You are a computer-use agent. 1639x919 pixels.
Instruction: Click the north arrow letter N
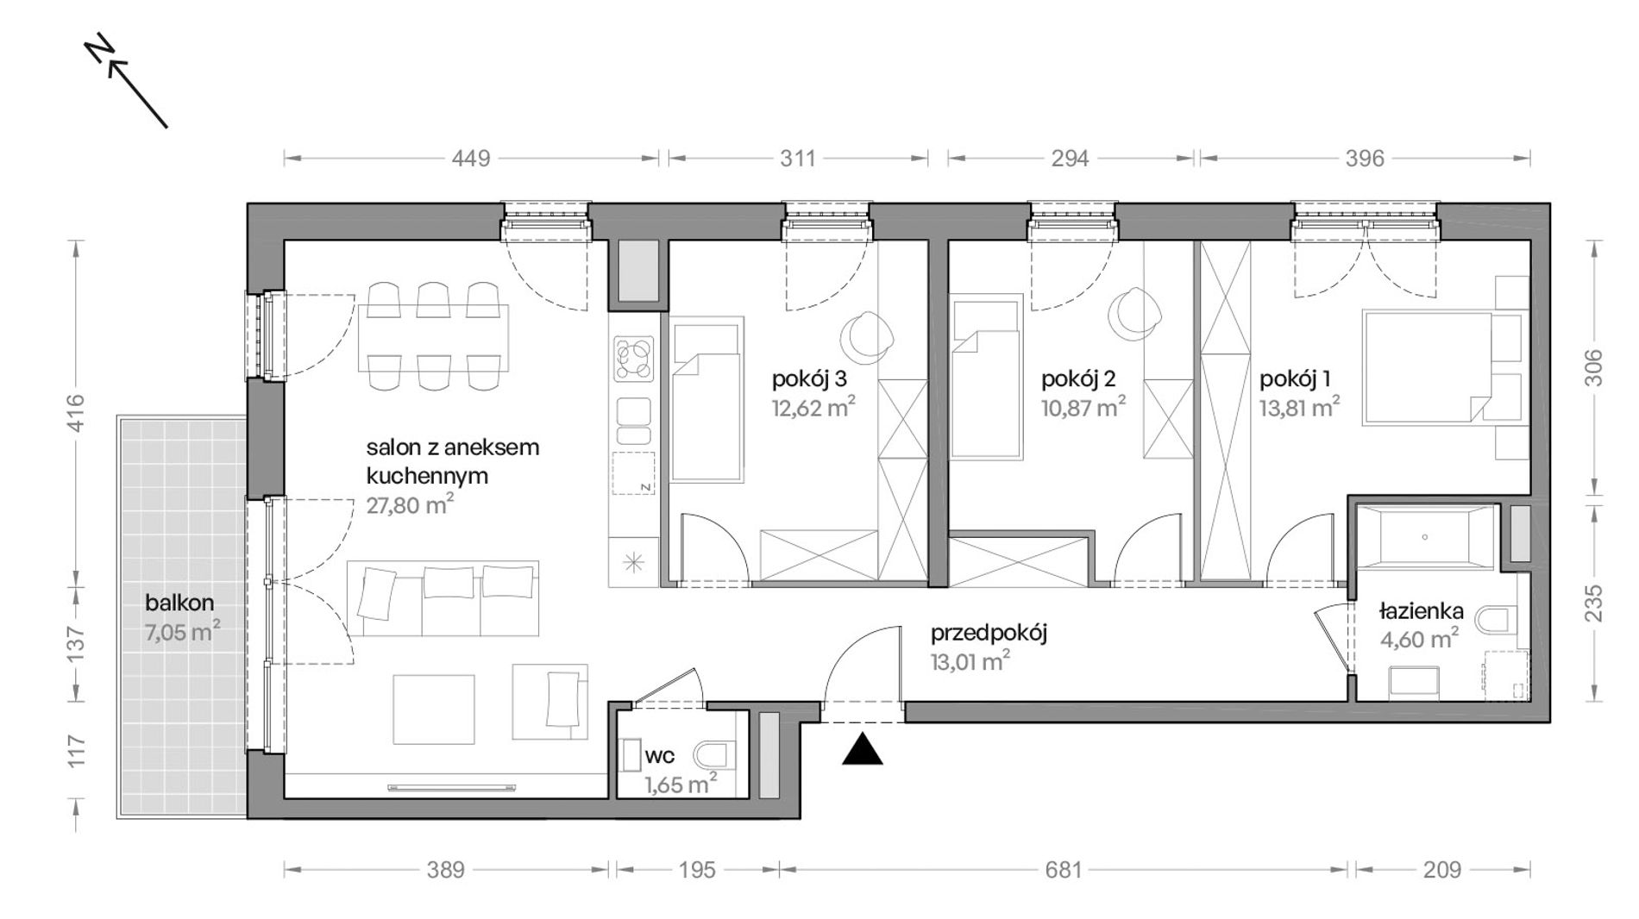click(101, 52)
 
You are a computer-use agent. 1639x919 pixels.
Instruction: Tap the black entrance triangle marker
click(862, 749)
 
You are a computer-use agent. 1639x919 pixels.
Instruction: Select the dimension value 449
click(472, 158)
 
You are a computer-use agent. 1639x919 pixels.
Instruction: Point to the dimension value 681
click(1063, 870)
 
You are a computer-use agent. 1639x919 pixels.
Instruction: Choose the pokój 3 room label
click(809, 378)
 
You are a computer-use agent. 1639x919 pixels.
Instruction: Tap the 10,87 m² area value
click(1083, 406)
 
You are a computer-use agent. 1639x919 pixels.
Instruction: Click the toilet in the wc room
click(711, 757)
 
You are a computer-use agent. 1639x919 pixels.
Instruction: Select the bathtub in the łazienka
click(1424, 537)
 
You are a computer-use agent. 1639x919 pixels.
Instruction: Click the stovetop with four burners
click(634, 359)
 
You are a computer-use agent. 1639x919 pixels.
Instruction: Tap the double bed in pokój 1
click(1427, 368)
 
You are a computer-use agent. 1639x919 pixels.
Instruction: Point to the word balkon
click(179, 603)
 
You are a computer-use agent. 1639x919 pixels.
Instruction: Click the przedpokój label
click(989, 634)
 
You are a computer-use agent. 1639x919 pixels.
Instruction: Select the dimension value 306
click(1593, 367)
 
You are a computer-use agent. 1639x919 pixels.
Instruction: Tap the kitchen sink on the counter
click(634, 422)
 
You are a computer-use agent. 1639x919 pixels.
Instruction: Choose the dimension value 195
click(696, 870)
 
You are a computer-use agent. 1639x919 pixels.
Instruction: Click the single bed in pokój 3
click(707, 398)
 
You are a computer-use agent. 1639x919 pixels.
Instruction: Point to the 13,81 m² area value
click(1299, 406)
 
